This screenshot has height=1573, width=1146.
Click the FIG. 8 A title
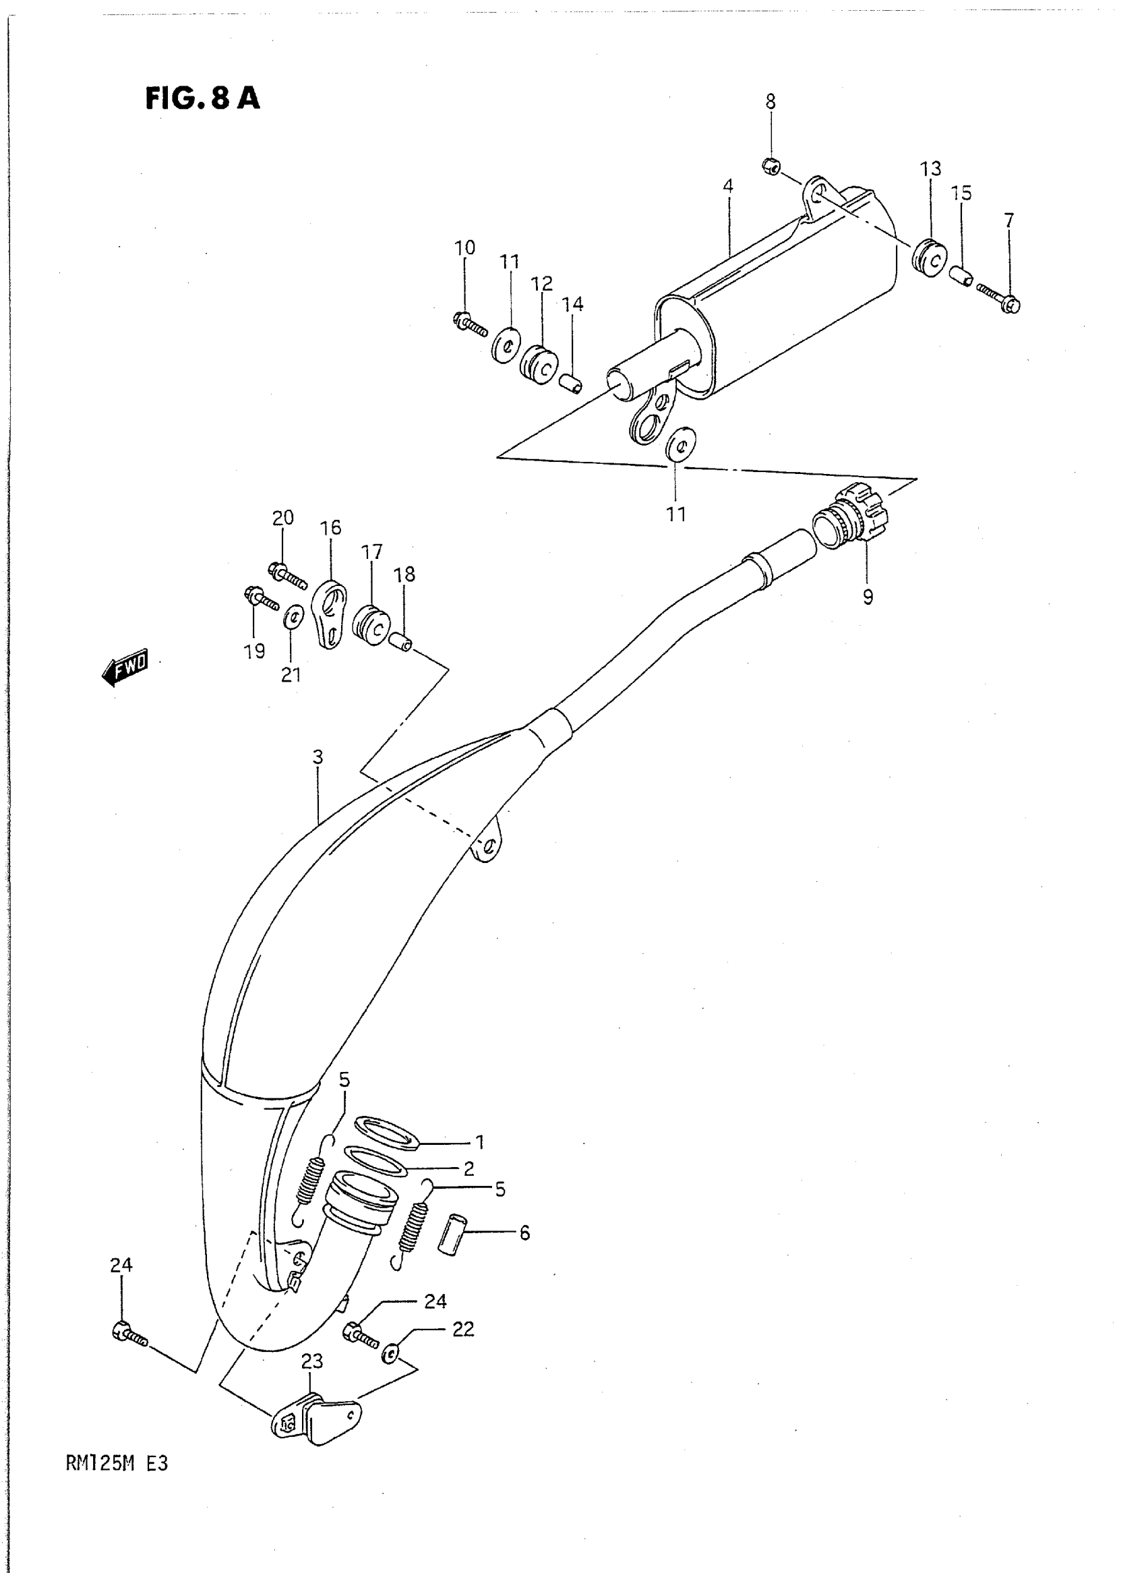(x=202, y=98)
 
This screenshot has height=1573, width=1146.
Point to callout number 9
(x=868, y=597)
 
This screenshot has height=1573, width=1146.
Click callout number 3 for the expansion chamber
(x=318, y=757)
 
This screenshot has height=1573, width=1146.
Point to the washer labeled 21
(x=293, y=616)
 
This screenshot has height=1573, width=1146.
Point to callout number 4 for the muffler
(x=727, y=186)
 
